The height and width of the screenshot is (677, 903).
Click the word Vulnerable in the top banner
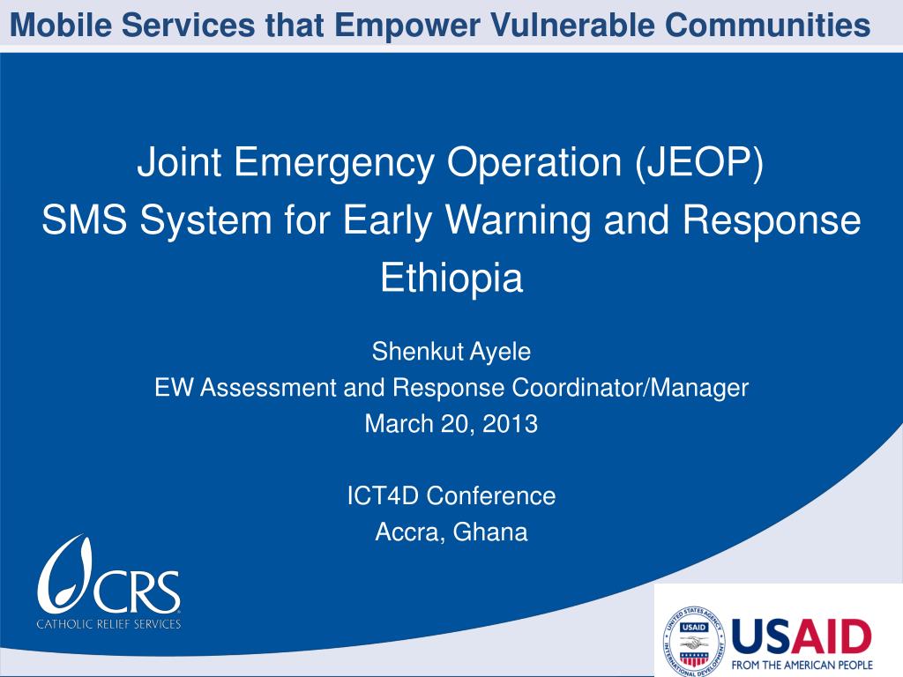[576, 26]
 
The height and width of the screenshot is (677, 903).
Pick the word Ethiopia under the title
[451, 278]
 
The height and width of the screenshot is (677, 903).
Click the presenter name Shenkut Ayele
[451, 352]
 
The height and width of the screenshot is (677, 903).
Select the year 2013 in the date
[510, 423]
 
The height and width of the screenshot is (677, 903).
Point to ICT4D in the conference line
[384, 495]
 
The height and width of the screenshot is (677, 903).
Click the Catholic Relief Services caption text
[108, 624]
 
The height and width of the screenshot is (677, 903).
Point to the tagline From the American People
[802, 664]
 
